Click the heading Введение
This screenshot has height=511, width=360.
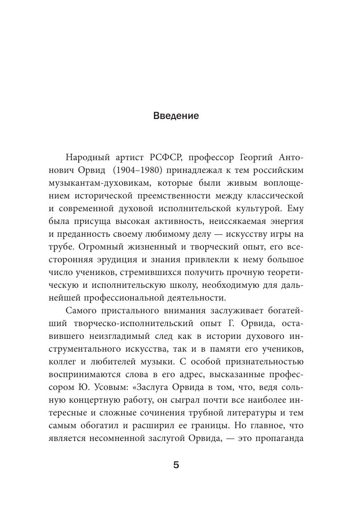click(x=176, y=116)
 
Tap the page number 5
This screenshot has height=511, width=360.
click(x=176, y=465)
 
